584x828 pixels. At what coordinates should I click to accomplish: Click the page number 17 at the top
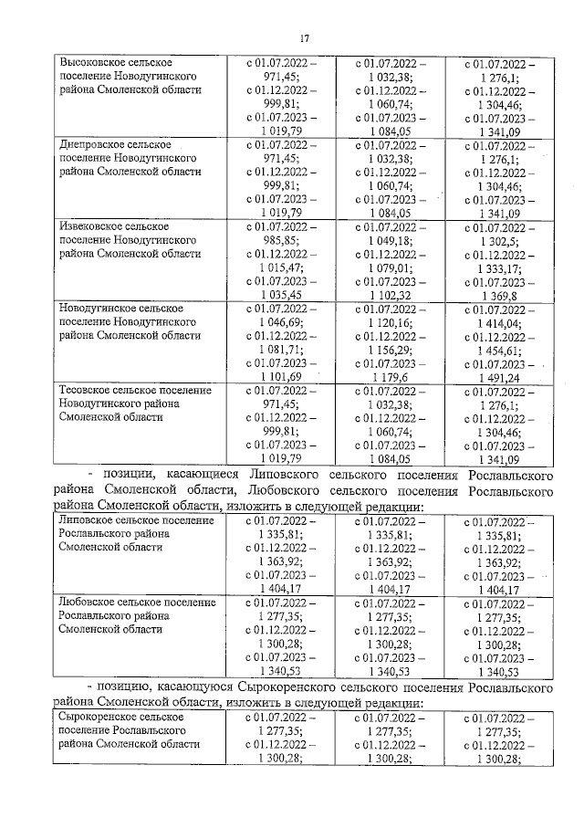click(306, 39)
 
